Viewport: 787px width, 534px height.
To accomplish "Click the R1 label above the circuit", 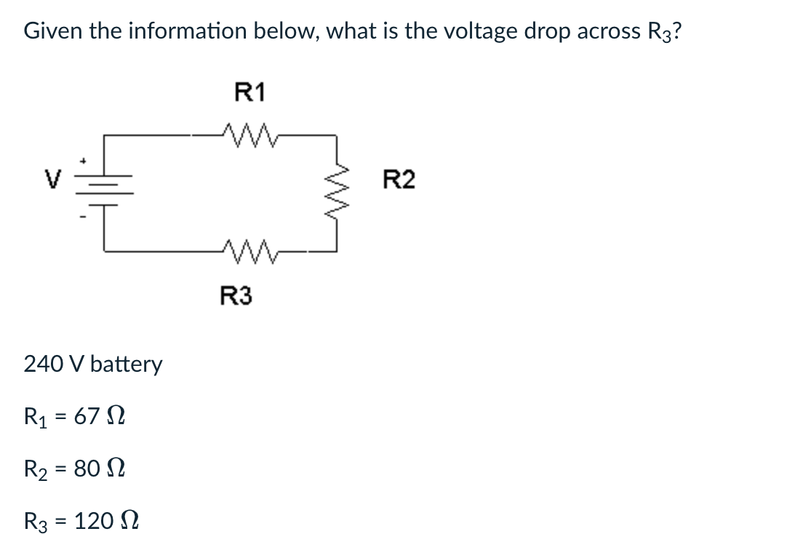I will (251, 92).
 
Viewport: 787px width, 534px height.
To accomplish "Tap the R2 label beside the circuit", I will (399, 179).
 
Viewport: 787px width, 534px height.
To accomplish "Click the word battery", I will (127, 364).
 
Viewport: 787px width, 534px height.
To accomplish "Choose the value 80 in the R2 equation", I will (87, 468).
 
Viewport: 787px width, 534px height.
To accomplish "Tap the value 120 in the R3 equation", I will (92, 520).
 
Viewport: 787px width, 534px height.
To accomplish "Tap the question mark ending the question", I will (676, 31).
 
